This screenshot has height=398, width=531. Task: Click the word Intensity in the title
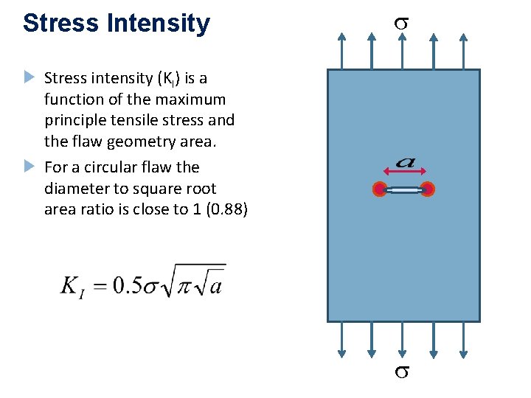pyautogui.click(x=158, y=23)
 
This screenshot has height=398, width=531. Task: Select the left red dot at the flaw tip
pyautogui.click(x=380, y=189)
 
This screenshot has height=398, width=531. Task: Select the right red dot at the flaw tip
pyautogui.click(x=427, y=189)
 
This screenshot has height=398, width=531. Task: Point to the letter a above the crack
pyautogui.click(x=403, y=161)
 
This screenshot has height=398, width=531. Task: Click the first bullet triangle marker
pyautogui.click(x=29, y=77)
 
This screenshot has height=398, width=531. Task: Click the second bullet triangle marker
pyautogui.click(x=29, y=165)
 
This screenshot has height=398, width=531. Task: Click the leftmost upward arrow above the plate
pyautogui.click(x=341, y=48)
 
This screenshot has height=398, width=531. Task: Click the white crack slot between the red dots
pyautogui.click(x=403, y=190)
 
